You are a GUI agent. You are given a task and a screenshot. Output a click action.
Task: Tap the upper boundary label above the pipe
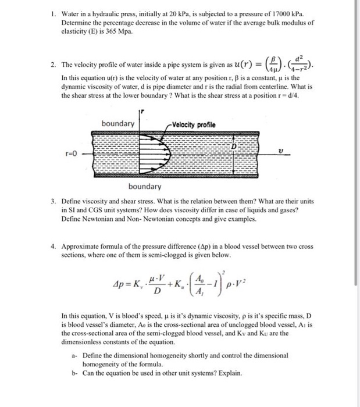click(117, 124)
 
